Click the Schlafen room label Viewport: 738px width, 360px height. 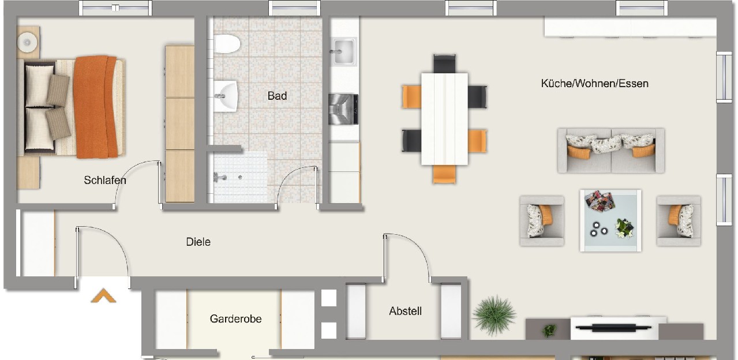(105, 180)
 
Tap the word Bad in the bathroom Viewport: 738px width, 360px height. (277, 96)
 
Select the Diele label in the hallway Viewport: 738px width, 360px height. (198, 242)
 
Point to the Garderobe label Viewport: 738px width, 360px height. (235, 319)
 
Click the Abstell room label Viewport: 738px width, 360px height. (405, 311)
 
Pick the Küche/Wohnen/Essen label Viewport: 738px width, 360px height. (595, 83)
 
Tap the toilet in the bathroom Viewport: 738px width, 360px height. (227, 44)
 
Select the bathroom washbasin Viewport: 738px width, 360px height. (226, 96)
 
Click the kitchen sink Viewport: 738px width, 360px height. (343, 51)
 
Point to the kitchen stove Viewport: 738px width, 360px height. (343, 109)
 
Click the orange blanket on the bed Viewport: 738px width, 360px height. (96, 107)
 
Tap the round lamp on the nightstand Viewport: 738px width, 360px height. (27, 42)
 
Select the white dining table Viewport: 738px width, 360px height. (444, 119)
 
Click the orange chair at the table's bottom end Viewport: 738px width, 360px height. (444, 174)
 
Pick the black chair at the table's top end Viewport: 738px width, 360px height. (444, 64)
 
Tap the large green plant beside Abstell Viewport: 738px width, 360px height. (494, 315)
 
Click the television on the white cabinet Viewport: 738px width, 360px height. (613, 328)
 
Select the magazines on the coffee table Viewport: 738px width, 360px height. (600, 201)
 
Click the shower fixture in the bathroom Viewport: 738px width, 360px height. (220, 178)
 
